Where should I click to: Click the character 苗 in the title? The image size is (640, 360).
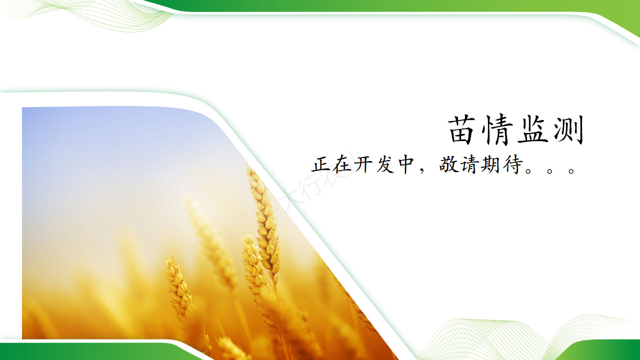(x=463, y=129)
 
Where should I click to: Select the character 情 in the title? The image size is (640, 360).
(x=497, y=130)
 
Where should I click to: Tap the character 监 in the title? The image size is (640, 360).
(x=532, y=129)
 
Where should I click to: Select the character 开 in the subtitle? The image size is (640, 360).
(x=363, y=164)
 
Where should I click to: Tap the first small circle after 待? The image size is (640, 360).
(x=529, y=171)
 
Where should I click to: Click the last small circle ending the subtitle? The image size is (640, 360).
(x=571, y=171)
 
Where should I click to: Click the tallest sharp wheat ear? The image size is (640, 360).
(x=264, y=223)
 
